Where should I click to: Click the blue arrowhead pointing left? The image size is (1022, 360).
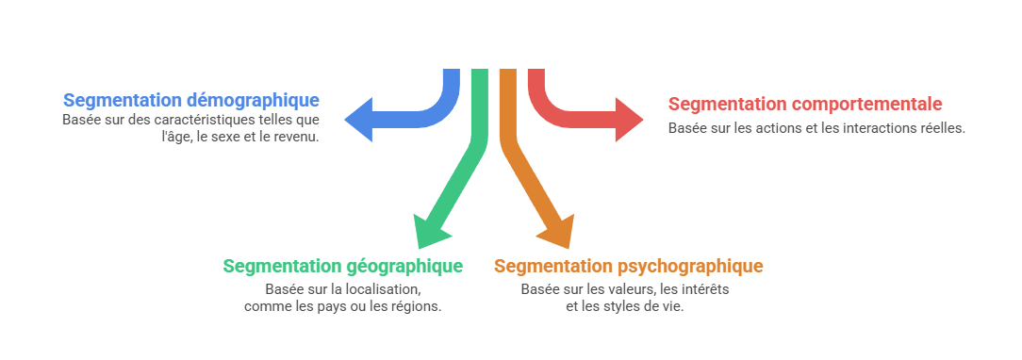pos(358,120)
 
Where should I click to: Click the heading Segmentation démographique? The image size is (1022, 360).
pos(191,100)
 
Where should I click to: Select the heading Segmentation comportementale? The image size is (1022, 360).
pos(805,104)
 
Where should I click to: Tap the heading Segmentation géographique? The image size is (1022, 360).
pos(342,266)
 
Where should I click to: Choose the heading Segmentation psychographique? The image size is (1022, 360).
pos(628,266)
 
